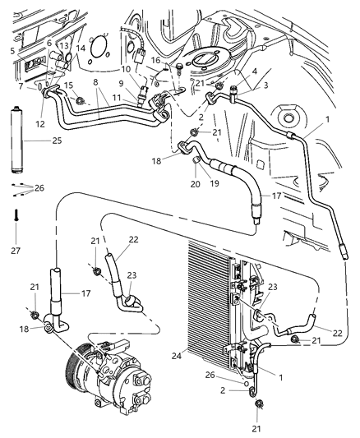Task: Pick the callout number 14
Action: click(81, 49)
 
